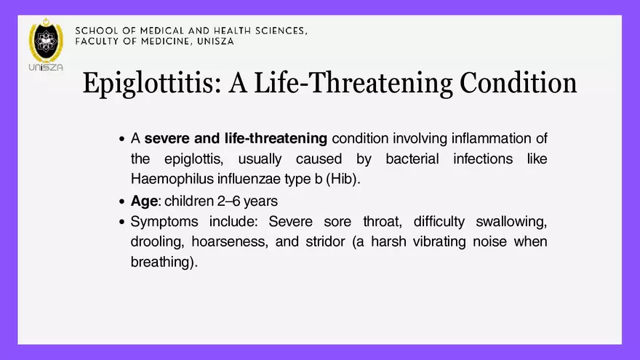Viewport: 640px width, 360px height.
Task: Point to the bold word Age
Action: [x=144, y=201]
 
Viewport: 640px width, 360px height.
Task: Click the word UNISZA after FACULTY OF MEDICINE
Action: [x=215, y=41]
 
